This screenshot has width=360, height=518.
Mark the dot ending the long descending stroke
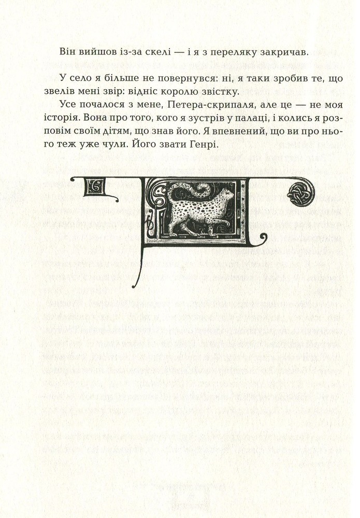point(135,286)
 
